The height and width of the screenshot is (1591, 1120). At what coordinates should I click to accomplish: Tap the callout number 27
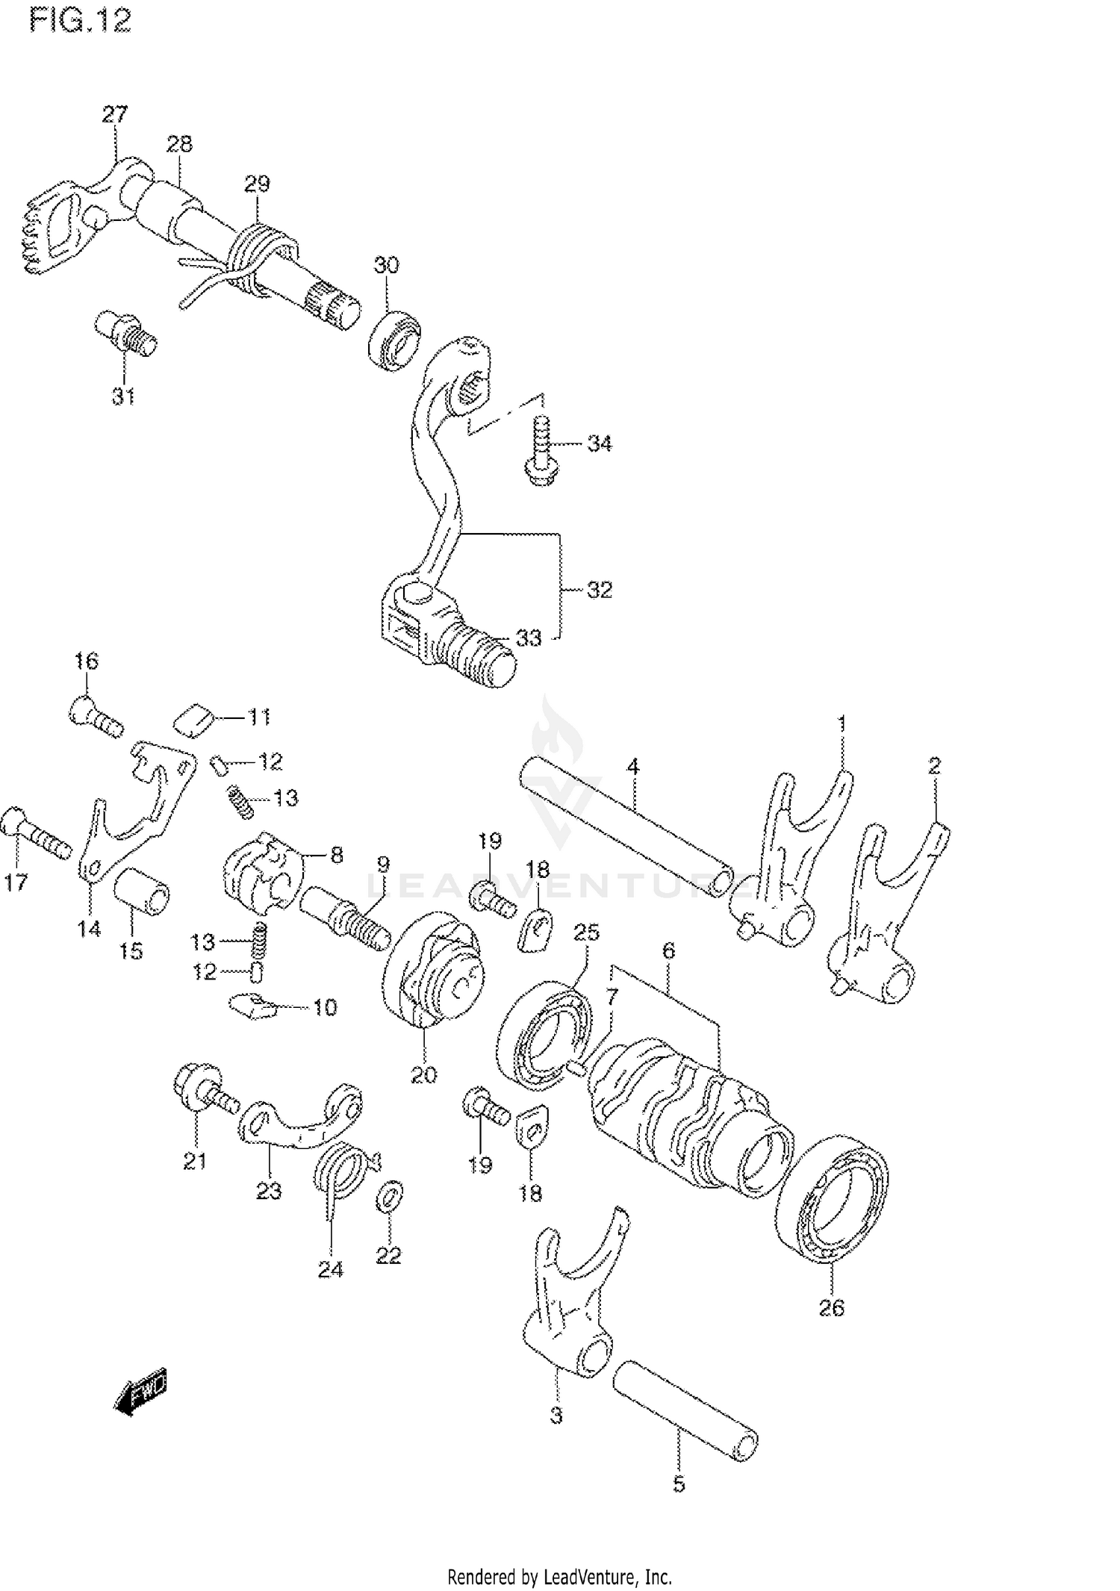point(115,114)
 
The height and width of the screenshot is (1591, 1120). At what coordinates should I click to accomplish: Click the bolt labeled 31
point(125,332)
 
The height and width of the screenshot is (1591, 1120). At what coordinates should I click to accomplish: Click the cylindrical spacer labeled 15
point(141,891)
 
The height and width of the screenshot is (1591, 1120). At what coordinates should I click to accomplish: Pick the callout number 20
point(423,1075)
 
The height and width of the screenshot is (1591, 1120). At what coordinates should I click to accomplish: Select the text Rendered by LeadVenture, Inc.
point(559,1576)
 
